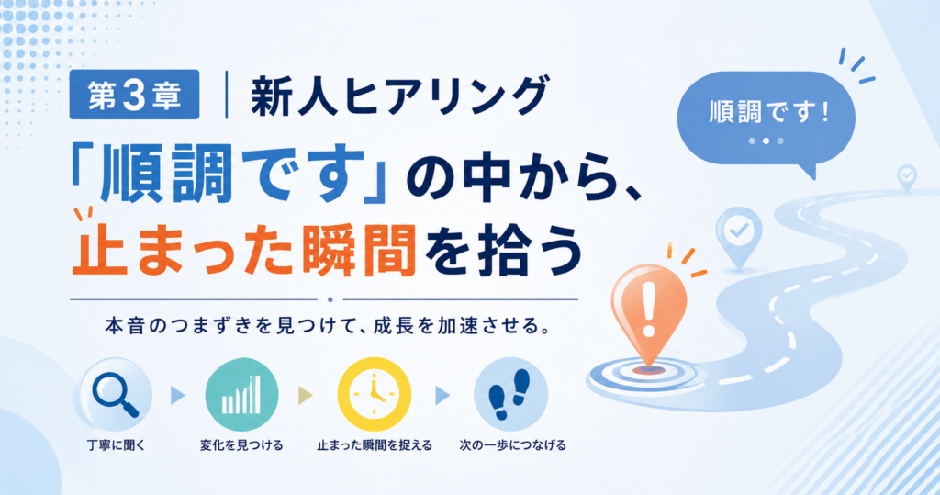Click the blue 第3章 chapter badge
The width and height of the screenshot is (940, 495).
[134, 95]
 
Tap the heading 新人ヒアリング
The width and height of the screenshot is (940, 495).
[399, 96]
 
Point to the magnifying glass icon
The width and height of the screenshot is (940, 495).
[115, 394]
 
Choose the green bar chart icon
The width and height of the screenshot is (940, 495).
[241, 394]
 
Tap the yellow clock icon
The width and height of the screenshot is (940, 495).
[375, 394]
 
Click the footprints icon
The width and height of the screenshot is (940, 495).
[510, 394]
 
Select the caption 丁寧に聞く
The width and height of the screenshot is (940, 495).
[116, 445]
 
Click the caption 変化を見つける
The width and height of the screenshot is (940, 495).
[241, 445]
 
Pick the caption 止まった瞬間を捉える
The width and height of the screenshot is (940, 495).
[375, 445]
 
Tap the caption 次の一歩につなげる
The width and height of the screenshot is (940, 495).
[512, 445]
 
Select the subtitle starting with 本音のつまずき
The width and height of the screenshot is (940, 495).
[328, 327]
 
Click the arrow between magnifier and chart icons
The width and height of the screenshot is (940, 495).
[178, 396]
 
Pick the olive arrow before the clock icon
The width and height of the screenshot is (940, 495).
[306, 396]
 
